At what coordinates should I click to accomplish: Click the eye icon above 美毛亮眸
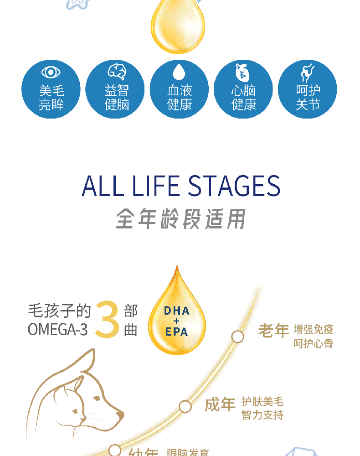pos(51,72)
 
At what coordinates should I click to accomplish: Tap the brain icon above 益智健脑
pos(117,72)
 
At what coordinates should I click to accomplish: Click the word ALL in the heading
pos(103,186)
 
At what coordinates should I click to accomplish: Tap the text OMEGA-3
pos(57,329)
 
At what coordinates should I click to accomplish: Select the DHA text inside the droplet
pos(176,311)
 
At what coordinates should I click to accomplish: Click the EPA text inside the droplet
pos(176,332)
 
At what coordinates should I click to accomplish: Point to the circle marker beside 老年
pos(237,337)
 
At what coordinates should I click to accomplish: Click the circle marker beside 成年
pos(185,406)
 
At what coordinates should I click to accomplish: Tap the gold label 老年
pos(274,330)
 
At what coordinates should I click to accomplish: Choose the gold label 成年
pos(220,404)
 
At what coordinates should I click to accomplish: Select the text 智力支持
pos(262,415)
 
